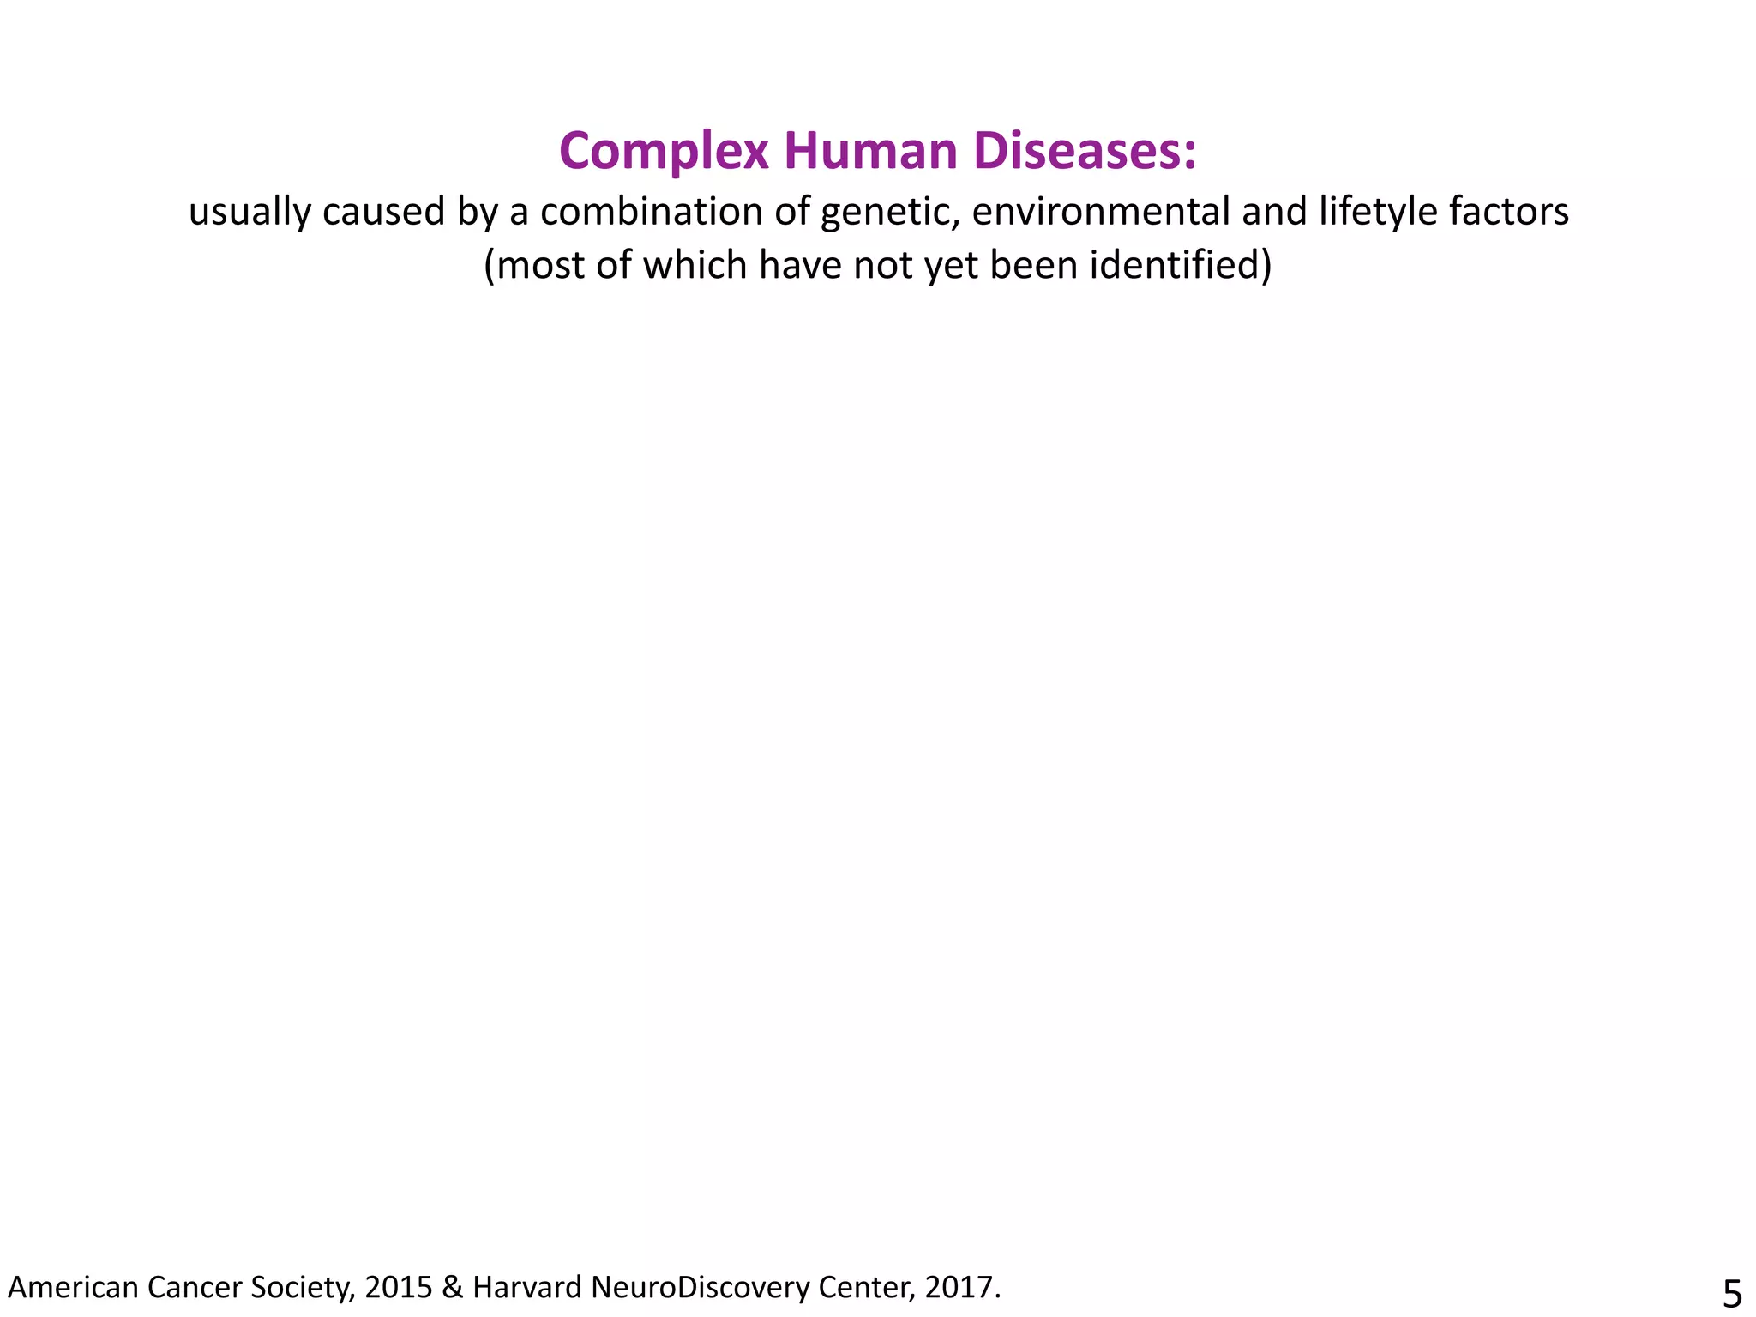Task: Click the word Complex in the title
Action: (663, 152)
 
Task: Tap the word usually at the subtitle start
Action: (250, 212)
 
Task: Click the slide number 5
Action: (1732, 1293)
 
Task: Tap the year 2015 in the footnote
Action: (398, 1287)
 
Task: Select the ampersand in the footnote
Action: (452, 1287)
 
